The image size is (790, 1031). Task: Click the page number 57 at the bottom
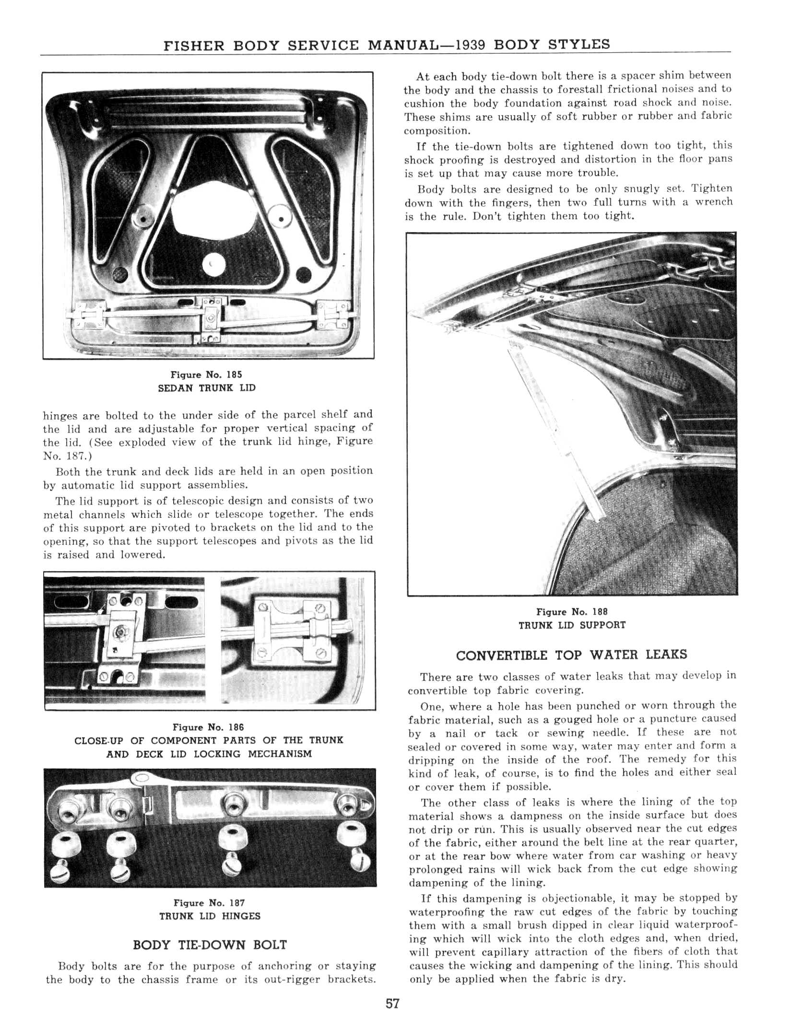click(392, 1004)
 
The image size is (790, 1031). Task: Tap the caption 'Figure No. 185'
click(207, 375)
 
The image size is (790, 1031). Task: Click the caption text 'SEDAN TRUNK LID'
click(207, 388)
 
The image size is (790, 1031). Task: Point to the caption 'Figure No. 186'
click(208, 727)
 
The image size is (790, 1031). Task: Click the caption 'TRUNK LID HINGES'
click(210, 916)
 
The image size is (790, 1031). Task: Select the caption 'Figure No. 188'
click(572, 611)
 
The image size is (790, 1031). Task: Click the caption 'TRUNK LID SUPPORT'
click(572, 625)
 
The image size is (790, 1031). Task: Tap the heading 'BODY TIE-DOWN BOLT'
click(210, 945)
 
